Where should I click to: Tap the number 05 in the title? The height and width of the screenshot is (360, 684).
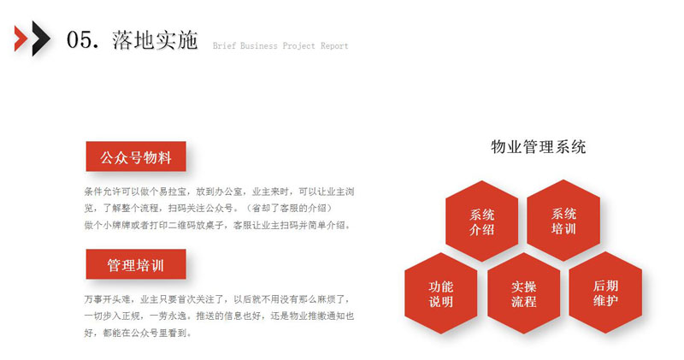[x=80, y=39]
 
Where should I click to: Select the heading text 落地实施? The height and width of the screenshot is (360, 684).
[x=155, y=39]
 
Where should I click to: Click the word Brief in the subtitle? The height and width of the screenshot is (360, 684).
[x=223, y=46]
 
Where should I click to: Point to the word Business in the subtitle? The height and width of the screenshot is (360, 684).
[x=259, y=46]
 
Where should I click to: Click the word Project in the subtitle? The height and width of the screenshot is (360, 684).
[x=298, y=46]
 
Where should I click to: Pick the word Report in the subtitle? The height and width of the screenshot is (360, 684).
[x=334, y=46]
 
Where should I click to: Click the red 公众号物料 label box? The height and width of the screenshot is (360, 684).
[x=136, y=156]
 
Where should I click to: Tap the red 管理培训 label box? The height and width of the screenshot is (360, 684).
[x=136, y=264]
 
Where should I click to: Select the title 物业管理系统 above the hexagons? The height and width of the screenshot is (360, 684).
[x=539, y=147]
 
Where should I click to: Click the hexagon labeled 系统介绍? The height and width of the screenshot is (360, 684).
[x=481, y=221]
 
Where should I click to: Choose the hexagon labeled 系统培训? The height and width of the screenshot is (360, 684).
[x=563, y=221]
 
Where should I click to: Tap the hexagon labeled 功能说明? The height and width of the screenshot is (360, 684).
[x=441, y=293]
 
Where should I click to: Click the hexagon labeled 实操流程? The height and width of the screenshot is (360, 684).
[x=523, y=293]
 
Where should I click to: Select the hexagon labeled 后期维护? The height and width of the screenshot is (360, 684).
[x=605, y=292]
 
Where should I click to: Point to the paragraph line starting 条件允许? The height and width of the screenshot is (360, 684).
[x=219, y=192]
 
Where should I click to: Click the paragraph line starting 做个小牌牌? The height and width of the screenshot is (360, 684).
[x=217, y=225]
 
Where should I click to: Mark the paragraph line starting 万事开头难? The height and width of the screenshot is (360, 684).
[x=217, y=299]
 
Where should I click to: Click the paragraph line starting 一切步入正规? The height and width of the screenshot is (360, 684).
[x=219, y=316]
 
